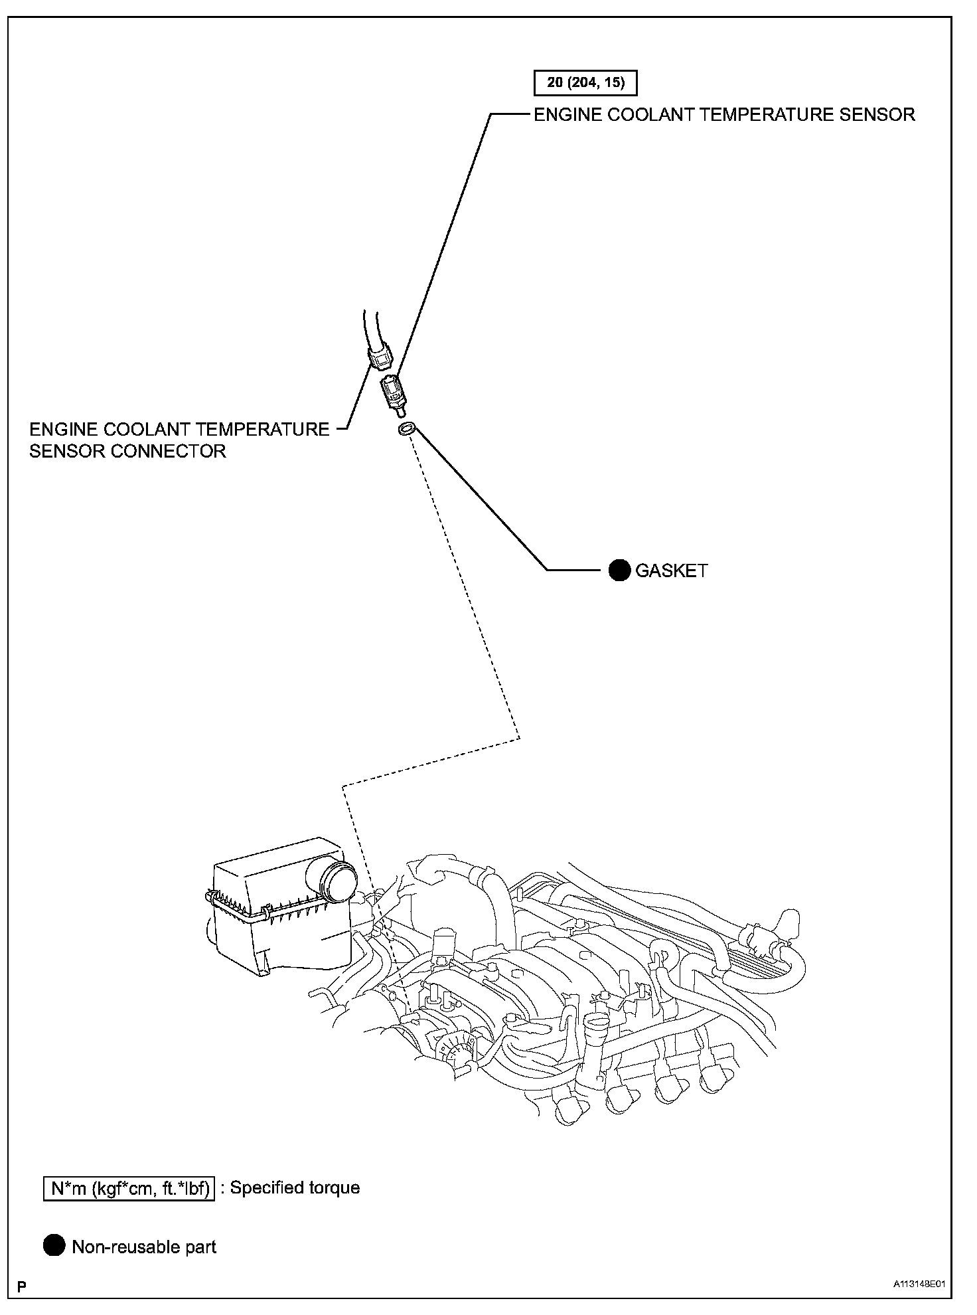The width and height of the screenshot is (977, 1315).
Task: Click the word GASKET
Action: pyautogui.click(x=671, y=570)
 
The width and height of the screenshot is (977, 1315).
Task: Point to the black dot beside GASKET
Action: pyautogui.click(x=619, y=570)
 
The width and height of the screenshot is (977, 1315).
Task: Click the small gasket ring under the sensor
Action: pyautogui.click(x=407, y=429)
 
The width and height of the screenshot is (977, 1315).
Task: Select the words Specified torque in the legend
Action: pyautogui.click(x=295, y=1187)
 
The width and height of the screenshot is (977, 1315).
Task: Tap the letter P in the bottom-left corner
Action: pyautogui.click(x=22, y=1288)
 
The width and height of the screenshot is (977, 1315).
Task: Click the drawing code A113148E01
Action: pyautogui.click(x=919, y=1284)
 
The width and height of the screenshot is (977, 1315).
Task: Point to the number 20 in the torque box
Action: pyautogui.click(x=555, y=84)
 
